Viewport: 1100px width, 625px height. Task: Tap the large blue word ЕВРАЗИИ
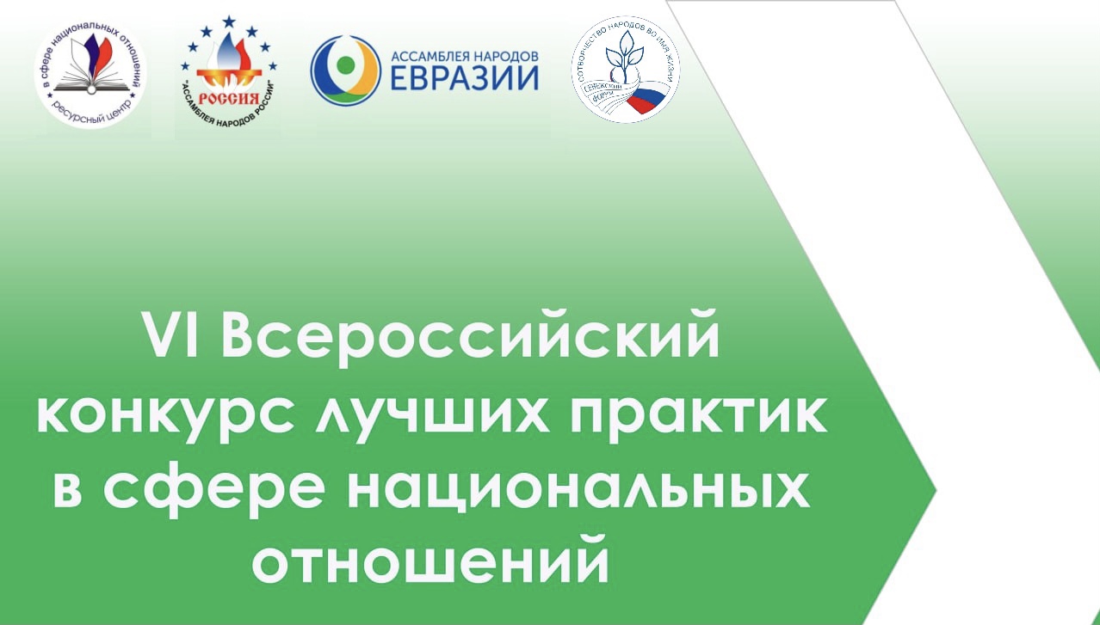(x=465, y=78)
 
